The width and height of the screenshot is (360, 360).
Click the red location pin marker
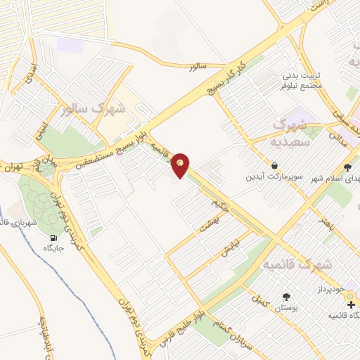click(x=181, y=165)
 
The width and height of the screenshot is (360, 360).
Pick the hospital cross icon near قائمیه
click(x=351, y=304)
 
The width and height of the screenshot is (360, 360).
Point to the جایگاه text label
click(x=53, y=248)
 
